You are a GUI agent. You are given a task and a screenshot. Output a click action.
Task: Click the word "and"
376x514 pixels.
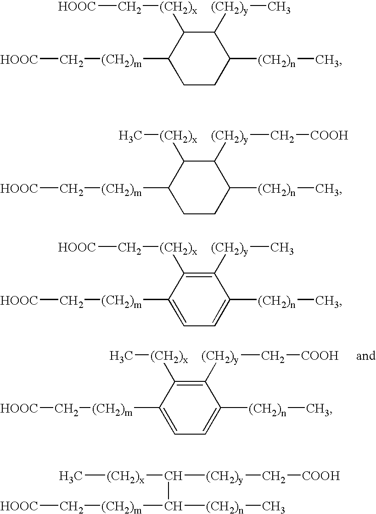[x=365, y=356]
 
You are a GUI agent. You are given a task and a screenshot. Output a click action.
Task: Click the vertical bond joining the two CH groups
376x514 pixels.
[x=169, y=490]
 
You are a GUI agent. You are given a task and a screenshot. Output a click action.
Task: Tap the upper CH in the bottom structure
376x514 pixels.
[x=173, y=475]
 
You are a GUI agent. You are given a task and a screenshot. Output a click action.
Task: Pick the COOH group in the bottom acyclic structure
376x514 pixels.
[x=320, y=475]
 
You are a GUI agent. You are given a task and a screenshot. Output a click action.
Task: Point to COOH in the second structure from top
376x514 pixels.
[x=329, y=135]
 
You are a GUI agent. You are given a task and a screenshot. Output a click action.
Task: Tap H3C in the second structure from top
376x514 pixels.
[x=130, y=135]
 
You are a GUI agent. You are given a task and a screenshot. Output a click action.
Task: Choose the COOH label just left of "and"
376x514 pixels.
[x=320, y=356]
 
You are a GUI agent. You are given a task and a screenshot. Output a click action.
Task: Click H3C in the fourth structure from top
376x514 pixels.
[x=121, y=356]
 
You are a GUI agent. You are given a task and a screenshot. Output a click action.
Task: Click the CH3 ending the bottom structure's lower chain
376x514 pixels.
[x=273, y=507]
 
